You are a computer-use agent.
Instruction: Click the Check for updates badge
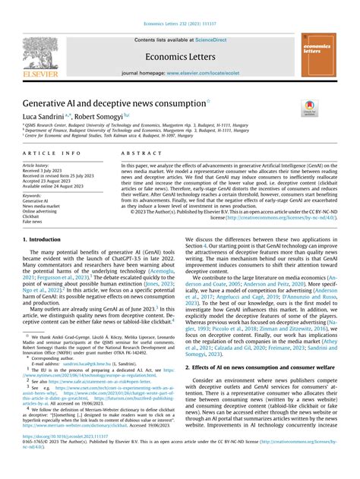331,108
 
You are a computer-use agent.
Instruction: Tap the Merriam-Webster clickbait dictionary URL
83,447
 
